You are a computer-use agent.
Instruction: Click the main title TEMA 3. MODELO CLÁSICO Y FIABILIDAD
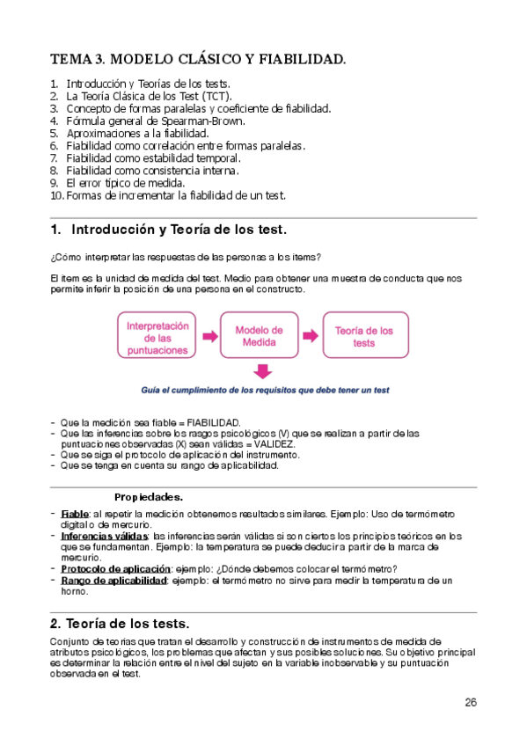point(198,60)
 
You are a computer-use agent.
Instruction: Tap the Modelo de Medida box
point(259,336)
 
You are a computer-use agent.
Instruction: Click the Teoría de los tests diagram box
point(363,336)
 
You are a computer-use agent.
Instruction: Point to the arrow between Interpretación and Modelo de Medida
point(210,336)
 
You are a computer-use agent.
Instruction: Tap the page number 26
point(470,702)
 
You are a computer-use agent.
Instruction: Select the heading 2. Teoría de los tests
point(127,622)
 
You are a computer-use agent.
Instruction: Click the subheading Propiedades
point(149,496)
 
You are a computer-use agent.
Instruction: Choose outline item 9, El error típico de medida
point(125,182)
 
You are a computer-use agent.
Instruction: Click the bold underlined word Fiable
point(75,514)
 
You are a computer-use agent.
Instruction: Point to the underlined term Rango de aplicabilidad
point(113,581)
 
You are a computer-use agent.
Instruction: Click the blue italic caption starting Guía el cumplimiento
point(265,390)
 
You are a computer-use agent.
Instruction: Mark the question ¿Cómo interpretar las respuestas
point(186,256)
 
